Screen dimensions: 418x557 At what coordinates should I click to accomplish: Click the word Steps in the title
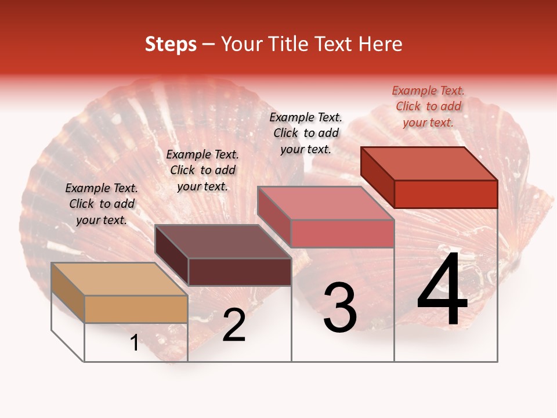coord(171,44)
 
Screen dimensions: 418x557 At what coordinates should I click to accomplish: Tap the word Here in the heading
coord(380,44)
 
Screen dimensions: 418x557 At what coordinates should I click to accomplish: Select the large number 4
coord(442,290)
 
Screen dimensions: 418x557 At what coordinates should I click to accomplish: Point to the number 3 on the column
coord(339,308)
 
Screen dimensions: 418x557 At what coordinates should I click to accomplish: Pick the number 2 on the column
coord(234,325)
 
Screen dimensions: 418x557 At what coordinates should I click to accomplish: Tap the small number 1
coord(134,343)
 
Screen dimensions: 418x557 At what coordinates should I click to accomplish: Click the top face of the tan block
coord(119,279)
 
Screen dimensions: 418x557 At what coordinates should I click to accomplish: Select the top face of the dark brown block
coord(223,242)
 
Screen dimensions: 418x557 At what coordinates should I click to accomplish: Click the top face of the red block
coord(429,164)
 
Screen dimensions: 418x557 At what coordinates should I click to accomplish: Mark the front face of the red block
coord(446,194)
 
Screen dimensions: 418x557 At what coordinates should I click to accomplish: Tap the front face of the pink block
coord(342,233)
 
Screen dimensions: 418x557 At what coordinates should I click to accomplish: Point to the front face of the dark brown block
coord(240,272)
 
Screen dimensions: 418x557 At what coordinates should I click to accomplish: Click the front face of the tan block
coord(136,309)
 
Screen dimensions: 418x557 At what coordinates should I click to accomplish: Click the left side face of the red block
coord(377,177)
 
